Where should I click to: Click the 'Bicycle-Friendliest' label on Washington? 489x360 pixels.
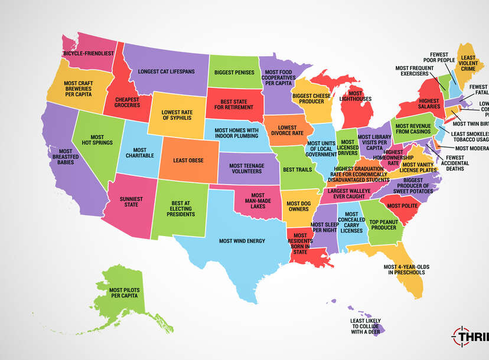[x=88, y=53]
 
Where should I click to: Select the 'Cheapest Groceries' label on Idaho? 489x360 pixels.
[x=128, y=102]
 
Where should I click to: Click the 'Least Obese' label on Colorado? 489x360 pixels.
[x=188, y=159]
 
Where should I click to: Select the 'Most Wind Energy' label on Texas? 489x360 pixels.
[x=242, y=241]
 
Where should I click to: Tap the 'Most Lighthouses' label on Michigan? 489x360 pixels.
[x=356, y=97]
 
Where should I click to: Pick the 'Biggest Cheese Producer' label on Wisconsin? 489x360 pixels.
[x=310, y=97]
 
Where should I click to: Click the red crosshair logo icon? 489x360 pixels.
[x=464, y=337]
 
